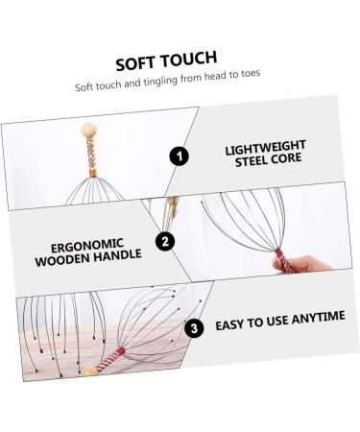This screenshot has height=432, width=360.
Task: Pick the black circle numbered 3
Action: click(196, 326)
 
